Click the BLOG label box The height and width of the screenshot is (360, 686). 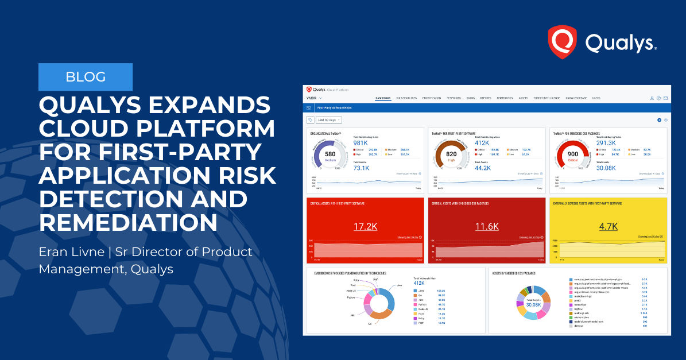tap(86, 77)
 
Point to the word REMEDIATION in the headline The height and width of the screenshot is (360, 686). tap(129, 222)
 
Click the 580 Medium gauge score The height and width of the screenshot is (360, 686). tap(330, 156)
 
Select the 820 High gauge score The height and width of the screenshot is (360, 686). tap(451, 156)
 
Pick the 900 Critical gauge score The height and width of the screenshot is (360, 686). tap(572, 156)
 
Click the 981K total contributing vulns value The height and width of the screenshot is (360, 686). tap(361, 143)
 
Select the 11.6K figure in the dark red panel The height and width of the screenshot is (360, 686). tap(487, 226)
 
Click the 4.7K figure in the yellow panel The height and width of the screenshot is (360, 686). tap(607, 226)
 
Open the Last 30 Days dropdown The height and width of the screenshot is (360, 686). tap(328, 119)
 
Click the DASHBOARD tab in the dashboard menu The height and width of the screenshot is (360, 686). tap(383, 98)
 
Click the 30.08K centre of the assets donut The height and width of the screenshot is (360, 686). tap(533, 304)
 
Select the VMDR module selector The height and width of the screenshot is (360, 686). tap(313, 98)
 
